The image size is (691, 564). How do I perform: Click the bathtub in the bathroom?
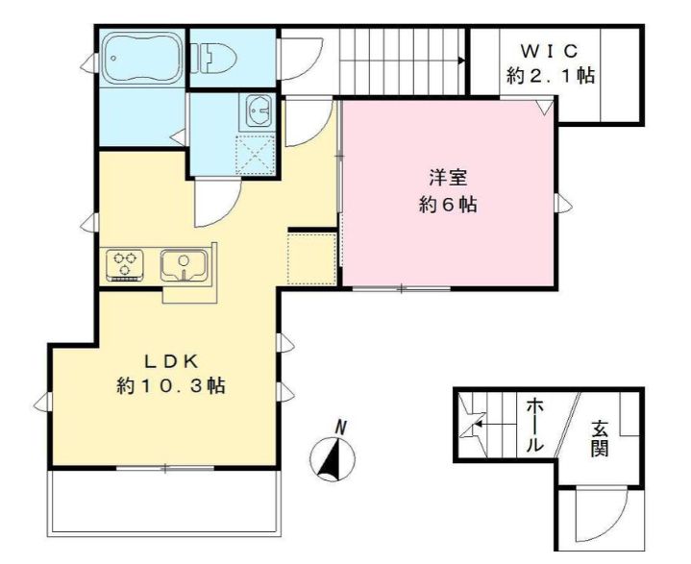pos(142,59)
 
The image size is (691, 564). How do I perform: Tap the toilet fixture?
pos(217,60)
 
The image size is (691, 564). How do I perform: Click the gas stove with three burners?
pos(126,264)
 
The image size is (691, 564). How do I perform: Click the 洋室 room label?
pos(449,179)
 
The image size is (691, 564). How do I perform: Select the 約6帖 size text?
pos(449,205)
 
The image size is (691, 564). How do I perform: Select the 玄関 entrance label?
pos(600,438)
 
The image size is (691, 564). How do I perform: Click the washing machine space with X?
pos(255,155)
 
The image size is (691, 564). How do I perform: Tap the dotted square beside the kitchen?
pos(310,258)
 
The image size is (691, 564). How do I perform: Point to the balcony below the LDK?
pos(165,500)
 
